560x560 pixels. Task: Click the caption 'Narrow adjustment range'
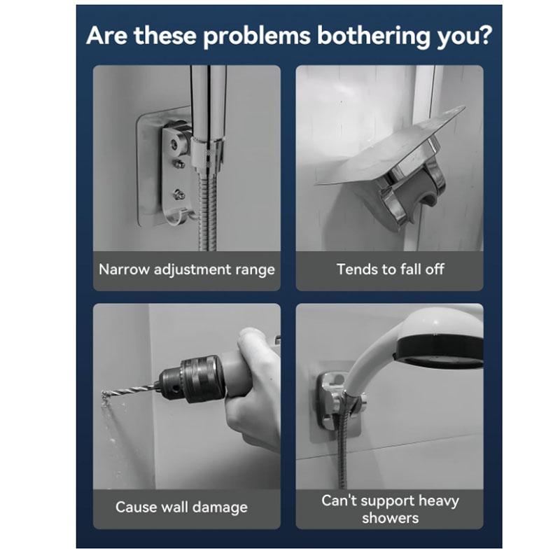click(186, 269)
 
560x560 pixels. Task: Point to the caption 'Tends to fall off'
click(390, 269)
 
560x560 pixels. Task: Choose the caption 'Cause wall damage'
click(181, 507)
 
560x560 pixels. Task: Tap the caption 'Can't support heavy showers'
click(390, 509)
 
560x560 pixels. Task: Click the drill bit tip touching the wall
click(106, 396)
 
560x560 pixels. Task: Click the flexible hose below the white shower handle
click(342, 448)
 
